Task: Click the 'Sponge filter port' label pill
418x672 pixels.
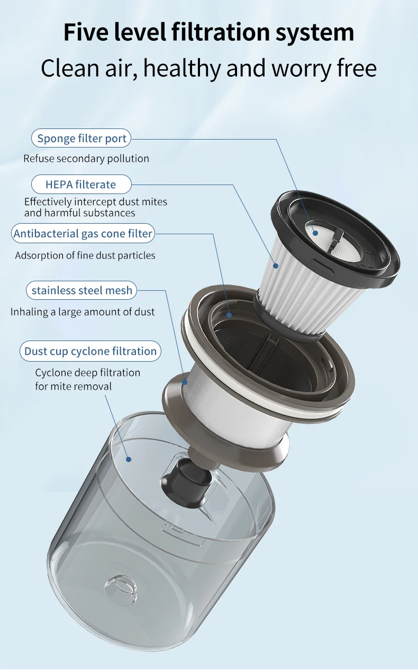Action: (81, 138)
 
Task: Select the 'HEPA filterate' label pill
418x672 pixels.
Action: (81, 184)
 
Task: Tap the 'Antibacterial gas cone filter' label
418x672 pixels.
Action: (83, 233)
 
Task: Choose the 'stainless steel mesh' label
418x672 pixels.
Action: (81, 290)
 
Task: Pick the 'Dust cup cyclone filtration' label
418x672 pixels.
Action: (90, 351)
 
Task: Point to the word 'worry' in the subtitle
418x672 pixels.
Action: (301, 69)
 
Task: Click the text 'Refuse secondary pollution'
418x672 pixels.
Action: (86, 159)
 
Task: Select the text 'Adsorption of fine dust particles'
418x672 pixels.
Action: (85, 255)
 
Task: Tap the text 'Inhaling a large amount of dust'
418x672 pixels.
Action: (83, 312)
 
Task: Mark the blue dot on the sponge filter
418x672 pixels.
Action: (315, 233)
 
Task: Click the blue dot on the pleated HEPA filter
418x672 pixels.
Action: (276, 265)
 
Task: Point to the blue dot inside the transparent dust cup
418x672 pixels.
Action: (129, 459)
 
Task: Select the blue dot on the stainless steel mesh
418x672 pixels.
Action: (185, 382)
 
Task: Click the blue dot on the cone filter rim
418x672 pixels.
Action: (229, 315)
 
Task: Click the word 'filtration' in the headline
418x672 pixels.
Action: (221, 32)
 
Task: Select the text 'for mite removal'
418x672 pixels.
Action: (73, 386)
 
